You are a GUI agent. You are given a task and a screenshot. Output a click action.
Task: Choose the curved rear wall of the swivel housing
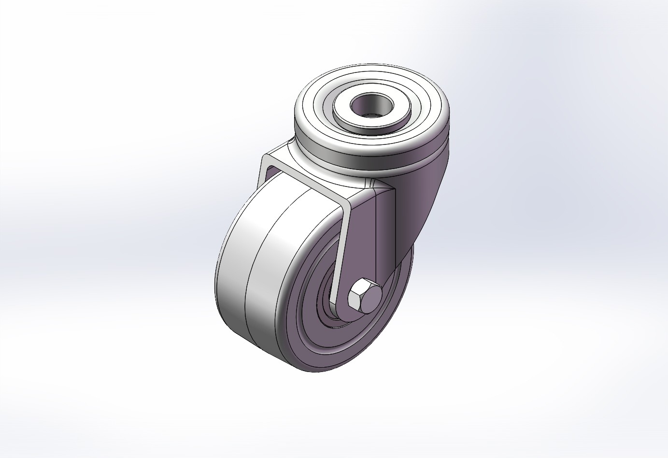tap(425, 193)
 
